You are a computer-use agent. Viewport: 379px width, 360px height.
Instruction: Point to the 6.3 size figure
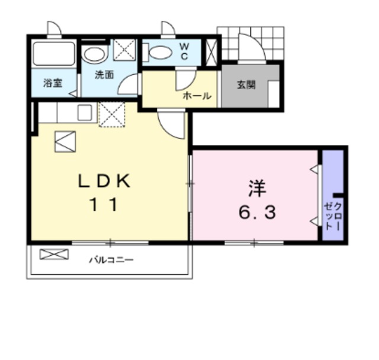(x=257, y=212)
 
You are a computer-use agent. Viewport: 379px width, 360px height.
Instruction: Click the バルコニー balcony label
(x=111, y=259)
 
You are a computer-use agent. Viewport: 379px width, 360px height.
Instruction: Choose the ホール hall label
(x=197, y=95)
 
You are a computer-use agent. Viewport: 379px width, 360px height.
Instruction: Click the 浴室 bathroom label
(x=53, y=83)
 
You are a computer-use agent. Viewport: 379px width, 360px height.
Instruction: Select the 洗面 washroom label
(x=105, y=75)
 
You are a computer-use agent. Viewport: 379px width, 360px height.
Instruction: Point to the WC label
(x=184, y=52)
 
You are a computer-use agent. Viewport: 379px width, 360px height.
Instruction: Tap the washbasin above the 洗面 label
(x=93, y=54)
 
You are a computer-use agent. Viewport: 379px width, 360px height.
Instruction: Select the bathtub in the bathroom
(x=53, y=53)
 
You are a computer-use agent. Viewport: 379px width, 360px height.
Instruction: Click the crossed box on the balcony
(x=54, y=255)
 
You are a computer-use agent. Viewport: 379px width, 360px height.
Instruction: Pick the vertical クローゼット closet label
(x=333, y=216)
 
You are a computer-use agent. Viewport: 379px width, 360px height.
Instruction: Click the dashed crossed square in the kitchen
(x=112, y=114)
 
